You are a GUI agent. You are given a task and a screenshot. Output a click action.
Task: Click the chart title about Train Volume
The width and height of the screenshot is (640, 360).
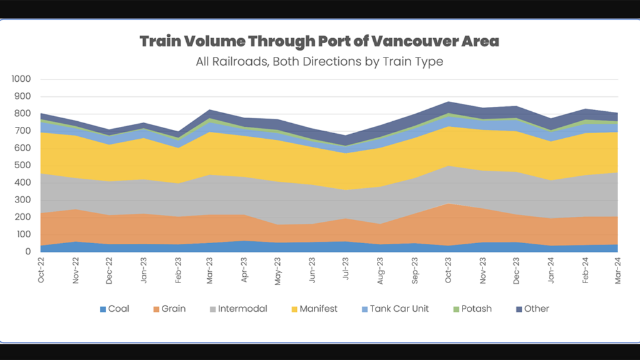coord(319,42)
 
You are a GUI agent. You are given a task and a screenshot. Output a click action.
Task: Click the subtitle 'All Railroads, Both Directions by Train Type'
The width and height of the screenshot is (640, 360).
coord(319,61)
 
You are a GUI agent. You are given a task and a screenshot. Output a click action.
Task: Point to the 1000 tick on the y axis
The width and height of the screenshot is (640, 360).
coord(21,79)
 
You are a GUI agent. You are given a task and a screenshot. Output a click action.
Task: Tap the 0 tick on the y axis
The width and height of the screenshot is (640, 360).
coord(28,252)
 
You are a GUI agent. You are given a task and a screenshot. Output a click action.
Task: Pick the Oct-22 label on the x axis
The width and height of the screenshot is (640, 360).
coord(41,271)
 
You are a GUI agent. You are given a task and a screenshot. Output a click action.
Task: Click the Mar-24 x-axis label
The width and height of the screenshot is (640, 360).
coord(619,271)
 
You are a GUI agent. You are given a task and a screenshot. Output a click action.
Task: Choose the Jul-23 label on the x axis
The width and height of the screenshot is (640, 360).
coord(347,270)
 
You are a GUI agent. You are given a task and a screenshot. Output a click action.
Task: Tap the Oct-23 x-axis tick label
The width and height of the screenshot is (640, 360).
coord(449,271)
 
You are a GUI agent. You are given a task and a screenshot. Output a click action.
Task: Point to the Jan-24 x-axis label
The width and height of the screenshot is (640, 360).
coord(551,271)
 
